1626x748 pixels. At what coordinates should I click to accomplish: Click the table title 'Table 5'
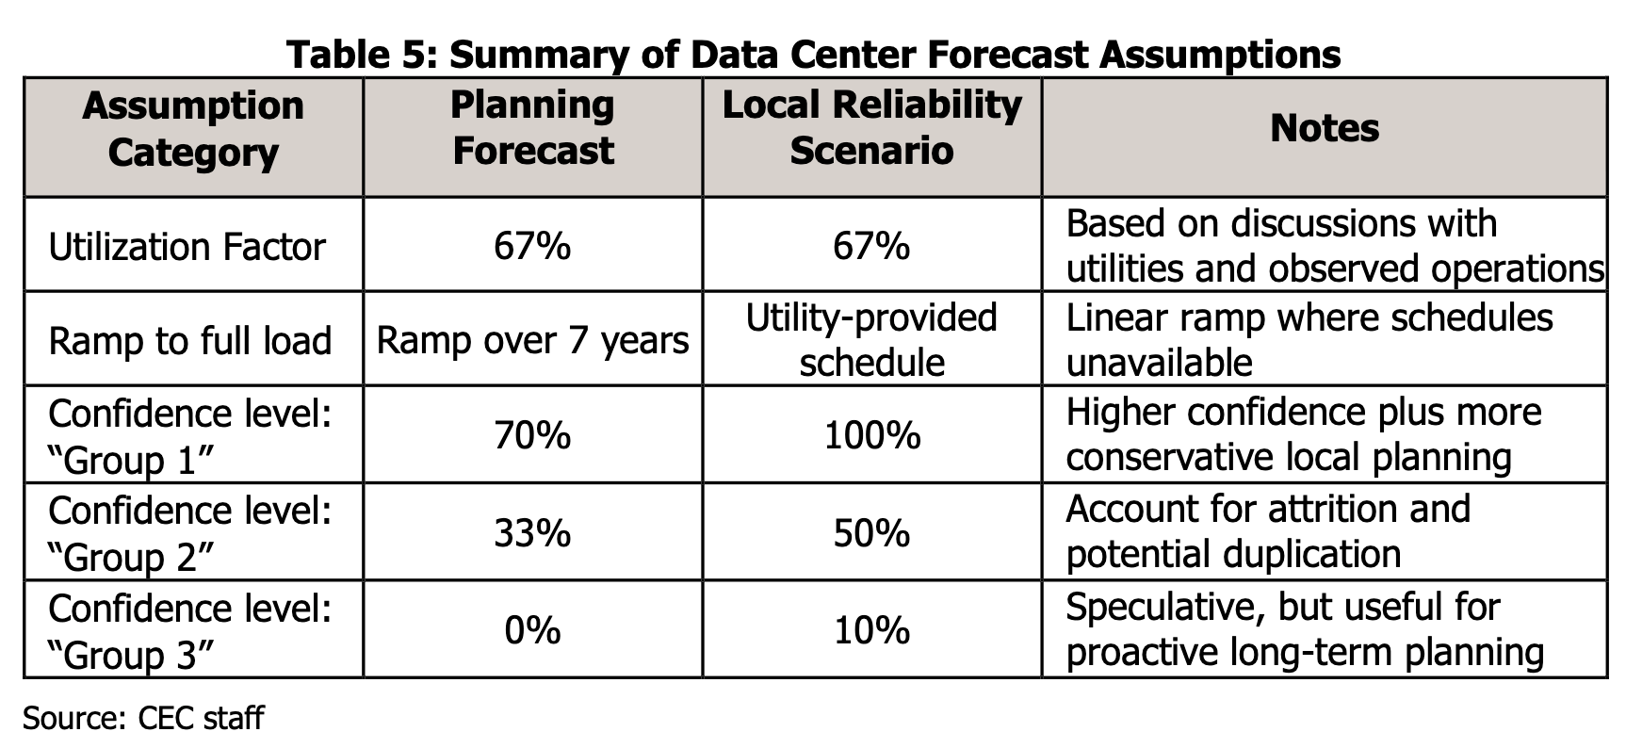[355, 54]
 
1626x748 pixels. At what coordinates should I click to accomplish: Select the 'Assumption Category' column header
[193, 129]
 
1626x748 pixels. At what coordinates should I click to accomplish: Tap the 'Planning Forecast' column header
[533, 128]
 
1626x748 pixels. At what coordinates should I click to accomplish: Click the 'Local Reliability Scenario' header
[872, 128]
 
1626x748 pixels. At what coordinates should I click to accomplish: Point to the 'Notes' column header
[1325, 128]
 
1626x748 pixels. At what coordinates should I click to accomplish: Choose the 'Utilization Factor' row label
[187, 247]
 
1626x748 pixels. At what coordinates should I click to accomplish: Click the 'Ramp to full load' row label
[190, 341]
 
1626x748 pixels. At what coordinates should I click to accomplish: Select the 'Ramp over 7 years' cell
[533, 341]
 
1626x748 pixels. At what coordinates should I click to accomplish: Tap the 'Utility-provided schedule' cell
[872, 340]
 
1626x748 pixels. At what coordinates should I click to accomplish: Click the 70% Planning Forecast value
[533, 436]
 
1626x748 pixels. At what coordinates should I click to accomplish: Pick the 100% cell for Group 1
[872, 436]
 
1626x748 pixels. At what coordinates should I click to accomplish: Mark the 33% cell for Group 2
[533, 534]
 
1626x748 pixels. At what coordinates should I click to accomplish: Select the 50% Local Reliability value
[872, 534]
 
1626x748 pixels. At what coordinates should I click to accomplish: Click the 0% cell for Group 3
[533, 630]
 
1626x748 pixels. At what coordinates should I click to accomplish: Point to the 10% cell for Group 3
[872, 630]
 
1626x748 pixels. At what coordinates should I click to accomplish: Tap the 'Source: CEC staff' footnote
[143, 719]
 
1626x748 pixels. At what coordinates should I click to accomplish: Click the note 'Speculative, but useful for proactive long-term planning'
[1305, 629]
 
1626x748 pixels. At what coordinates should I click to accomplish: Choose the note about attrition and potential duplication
[1268, 531]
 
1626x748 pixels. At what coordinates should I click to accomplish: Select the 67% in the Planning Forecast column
[533, 247]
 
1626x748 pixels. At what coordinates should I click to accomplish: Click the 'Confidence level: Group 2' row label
[190, 533]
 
